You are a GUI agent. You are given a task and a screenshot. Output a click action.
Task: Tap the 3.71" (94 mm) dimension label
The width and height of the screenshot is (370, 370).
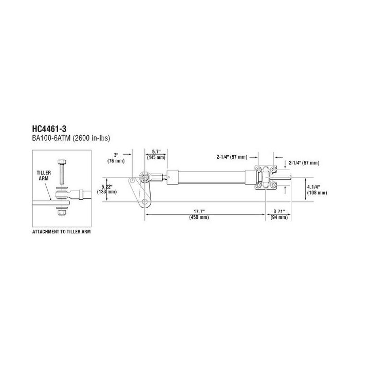coord(279,214)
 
